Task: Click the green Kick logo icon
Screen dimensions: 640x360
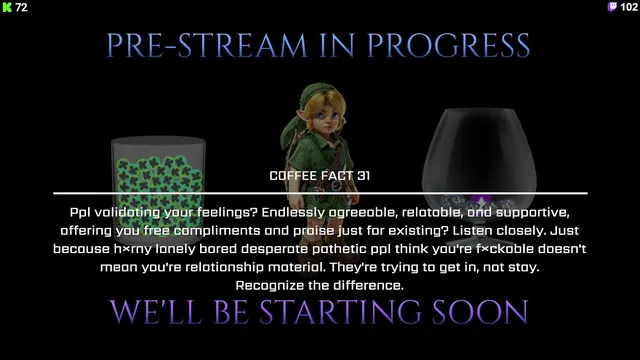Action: pyautogui.click(x=7, y=7)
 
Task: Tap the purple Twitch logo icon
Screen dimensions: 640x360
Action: pyautogui.click(x=612, y=7)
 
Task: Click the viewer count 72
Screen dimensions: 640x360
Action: pyautogui.click(x=21, y=7)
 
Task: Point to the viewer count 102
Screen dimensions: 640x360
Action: pyautogui.click(x=629, y=7)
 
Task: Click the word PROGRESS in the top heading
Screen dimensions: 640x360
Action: pyautogui.click(x=448, y=45)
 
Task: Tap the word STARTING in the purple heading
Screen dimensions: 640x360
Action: pyautogui.click(x=340, y=312)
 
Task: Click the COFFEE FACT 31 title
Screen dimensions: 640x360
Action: pyautogui.click(x=320, y=176)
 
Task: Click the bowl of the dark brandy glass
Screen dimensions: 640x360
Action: pyautogui.click(x=479, y=159)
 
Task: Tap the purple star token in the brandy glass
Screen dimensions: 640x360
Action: pyautogui.click(x=481, y=202)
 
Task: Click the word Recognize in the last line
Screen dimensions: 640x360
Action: pyautogui.click(x=270, y=285)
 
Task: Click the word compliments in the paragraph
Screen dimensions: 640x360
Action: pyautogui.click(x=218, y=231)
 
